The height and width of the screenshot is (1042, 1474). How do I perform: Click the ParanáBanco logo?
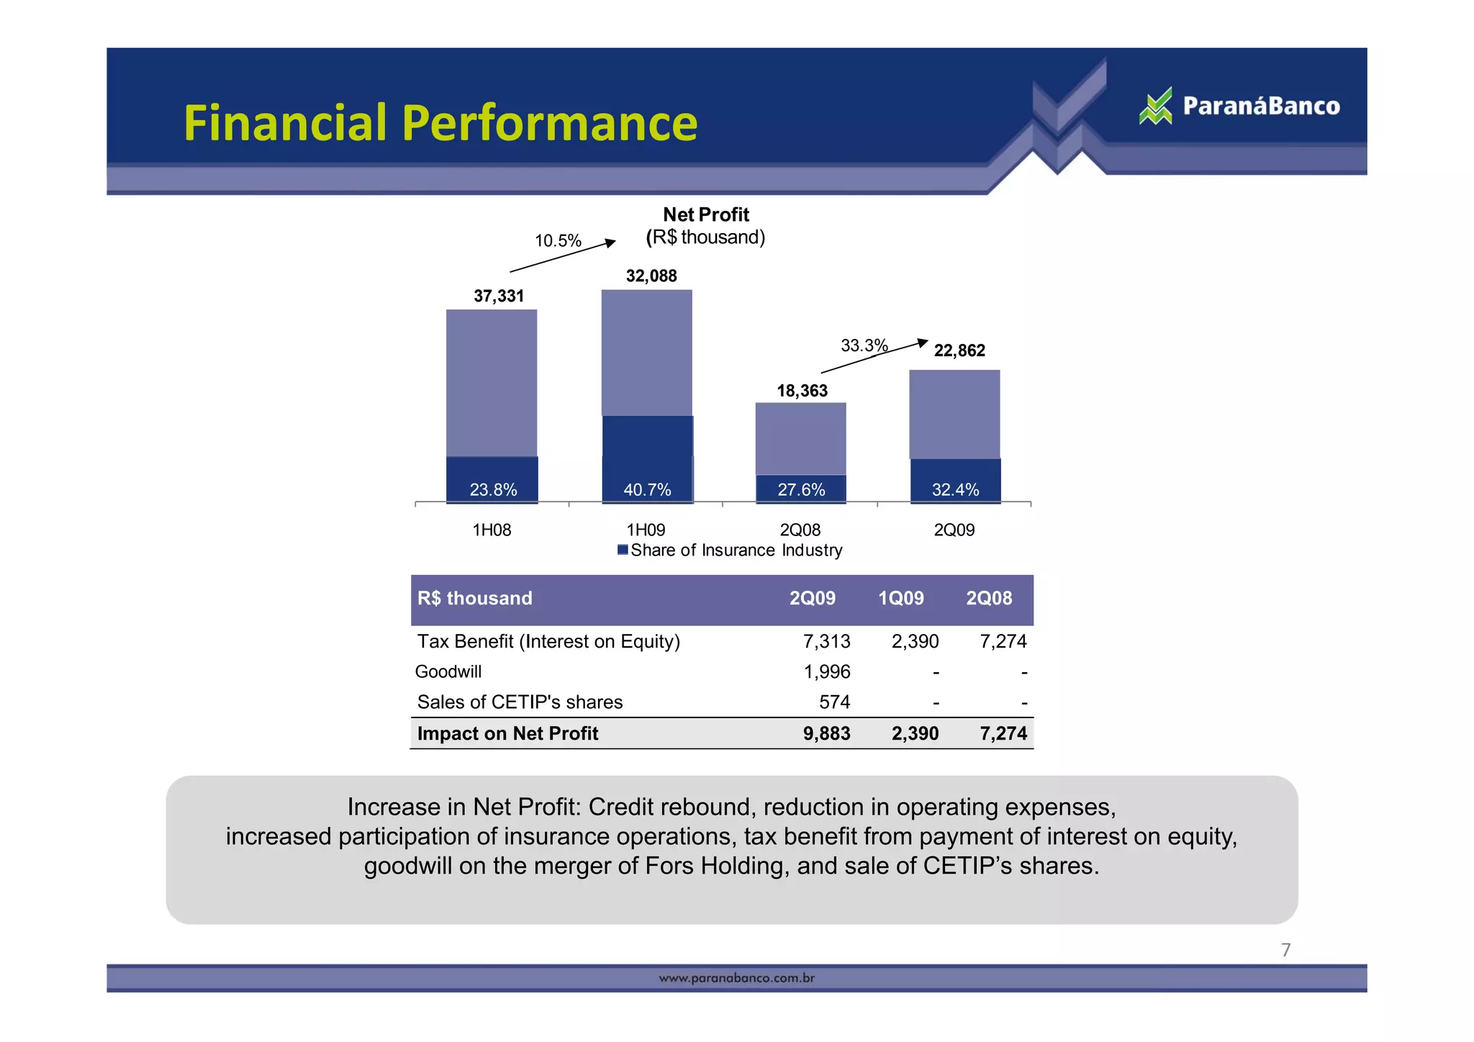click(1239, 107)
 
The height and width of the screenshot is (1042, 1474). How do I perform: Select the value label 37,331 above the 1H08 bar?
click(499, 296)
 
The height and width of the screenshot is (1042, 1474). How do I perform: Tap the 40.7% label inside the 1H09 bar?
click(647, 490)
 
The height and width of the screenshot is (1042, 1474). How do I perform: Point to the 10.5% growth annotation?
click(558, 240)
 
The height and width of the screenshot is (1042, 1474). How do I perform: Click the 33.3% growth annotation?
click(864, 345)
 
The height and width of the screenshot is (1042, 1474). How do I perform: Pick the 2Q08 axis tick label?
click(800, 530)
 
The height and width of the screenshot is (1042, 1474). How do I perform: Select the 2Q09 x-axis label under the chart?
click(954, 530)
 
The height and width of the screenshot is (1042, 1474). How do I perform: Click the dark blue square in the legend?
click(623, 551)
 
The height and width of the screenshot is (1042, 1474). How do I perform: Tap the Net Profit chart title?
click(706, 214)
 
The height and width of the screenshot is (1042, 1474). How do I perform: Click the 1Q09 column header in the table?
click(900, 598)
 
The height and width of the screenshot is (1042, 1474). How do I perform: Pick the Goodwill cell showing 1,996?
click(826, 671)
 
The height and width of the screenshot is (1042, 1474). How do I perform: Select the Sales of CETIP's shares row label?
click(520, 702)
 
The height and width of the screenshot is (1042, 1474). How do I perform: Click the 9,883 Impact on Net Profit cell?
click(826, 733)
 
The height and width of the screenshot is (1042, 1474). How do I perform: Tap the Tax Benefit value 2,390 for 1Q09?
click(915, 641)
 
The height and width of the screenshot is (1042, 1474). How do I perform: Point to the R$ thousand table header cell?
click(475, 598)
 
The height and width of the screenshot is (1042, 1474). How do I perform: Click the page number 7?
click(1285, 950)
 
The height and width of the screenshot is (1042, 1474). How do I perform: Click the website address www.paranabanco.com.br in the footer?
click(736, 978)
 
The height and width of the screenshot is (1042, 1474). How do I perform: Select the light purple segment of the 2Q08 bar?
click(800, 438)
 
